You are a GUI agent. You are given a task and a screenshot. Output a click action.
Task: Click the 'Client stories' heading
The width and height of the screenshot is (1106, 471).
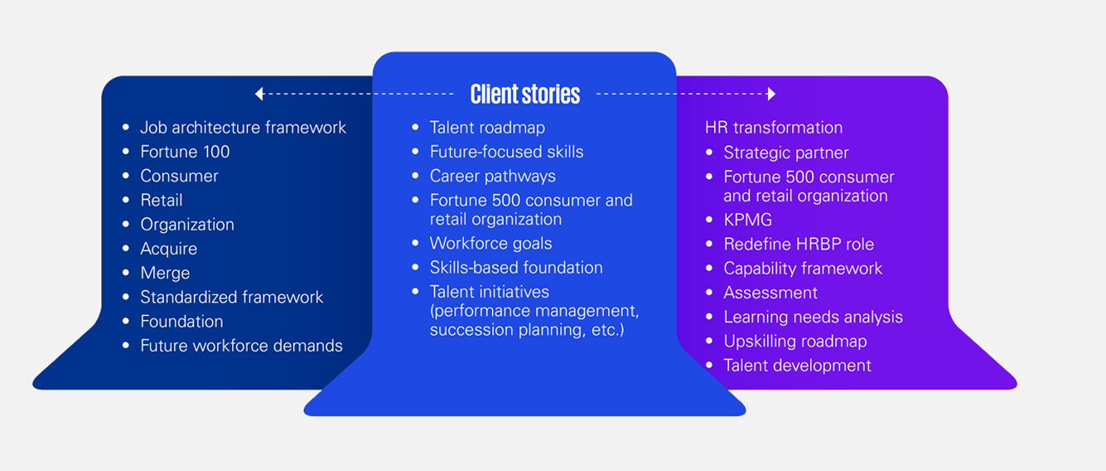pyautogui.click(x=524, y=94)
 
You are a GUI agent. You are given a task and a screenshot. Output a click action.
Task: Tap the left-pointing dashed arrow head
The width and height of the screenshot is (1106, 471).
pyautogui.click(x=259, y=94)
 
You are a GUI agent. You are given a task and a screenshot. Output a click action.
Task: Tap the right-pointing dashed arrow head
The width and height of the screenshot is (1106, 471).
pyautogui.click(x=771, y=94)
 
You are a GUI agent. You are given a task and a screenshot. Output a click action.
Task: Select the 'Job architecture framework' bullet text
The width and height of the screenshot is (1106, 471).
pyautogui.click(x=243, y=128)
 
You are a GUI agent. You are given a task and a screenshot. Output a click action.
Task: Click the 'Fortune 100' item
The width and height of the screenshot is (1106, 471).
pyautogui.click(x=185, y=152)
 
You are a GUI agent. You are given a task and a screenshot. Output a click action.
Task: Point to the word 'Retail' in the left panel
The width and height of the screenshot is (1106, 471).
pyautogui.click(x=162, y=200)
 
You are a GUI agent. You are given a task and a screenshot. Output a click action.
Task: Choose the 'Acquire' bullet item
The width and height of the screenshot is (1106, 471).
pyautogui.click(x=169, y=249)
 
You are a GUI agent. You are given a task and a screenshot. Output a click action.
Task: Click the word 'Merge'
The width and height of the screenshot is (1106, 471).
pyautogui.click(x=165, y=273)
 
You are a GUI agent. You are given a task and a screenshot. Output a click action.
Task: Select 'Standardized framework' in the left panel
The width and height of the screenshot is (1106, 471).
pyautogui.click(x=232, y=297)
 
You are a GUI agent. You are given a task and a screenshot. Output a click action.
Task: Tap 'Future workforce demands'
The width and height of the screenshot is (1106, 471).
pyautogui.click(x=241, y=346)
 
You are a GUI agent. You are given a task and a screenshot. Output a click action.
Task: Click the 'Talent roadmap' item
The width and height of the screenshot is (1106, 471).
pyautogui.click(x=487, y=128)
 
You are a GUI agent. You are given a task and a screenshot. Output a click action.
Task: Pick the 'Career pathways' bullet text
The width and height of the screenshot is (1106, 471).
pyautogui.click(x=492, y=176)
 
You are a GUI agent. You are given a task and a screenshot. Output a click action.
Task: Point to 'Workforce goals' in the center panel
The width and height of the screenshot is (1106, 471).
pyautogui.click(x=490, y=244)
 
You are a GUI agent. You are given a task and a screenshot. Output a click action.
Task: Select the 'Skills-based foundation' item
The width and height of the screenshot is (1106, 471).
pyautogui.click(x=516, y=268)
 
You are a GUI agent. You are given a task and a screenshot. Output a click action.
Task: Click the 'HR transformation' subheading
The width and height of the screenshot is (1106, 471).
pyautogui.click(x=774, y=128)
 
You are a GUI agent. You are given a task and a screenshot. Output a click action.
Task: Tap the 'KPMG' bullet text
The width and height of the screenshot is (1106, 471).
pyautogui.click(x=747, y=220)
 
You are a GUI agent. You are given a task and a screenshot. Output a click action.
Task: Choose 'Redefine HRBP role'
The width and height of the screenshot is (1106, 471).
pyautogui.click(x=799, y=245)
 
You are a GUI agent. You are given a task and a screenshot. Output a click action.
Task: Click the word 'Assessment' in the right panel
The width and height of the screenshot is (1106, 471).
pyautogui.click(x=770, y=293)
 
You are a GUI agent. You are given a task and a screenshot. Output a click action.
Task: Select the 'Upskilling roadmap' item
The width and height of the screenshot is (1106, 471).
pyautogui.click(x=794, y=341)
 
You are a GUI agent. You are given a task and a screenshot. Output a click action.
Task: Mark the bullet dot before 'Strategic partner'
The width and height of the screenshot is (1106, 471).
pyautogui.click(x=709, y=153)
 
